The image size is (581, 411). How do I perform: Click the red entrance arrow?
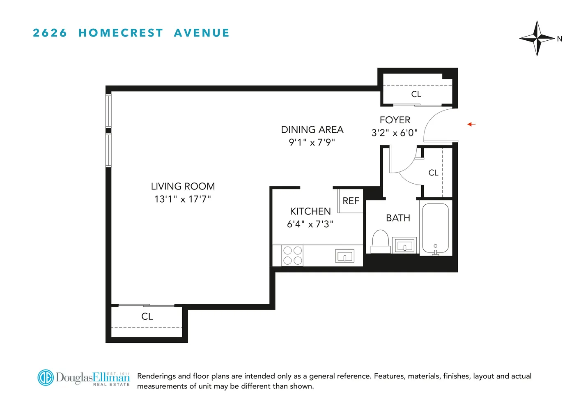471,124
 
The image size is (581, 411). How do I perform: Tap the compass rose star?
537,38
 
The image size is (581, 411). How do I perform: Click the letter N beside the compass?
559,39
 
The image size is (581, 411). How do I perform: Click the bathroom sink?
404,245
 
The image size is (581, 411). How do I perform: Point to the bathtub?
435,228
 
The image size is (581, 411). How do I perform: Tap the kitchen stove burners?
292,255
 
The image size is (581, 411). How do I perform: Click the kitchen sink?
344,256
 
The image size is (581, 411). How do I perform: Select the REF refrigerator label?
351,201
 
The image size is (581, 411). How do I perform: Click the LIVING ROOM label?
183,187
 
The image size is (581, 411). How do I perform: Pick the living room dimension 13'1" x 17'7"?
183,199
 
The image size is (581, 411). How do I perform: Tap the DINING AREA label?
312,130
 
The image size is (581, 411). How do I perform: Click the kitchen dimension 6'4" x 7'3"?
310,224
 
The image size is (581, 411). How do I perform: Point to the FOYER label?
395,120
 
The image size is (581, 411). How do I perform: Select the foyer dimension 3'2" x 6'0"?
394,133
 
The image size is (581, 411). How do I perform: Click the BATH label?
398,218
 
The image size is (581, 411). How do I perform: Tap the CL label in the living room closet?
147,316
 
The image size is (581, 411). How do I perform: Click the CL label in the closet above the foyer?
416,94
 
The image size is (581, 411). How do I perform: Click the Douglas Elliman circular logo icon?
46,377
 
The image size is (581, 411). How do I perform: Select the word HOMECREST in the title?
121,33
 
